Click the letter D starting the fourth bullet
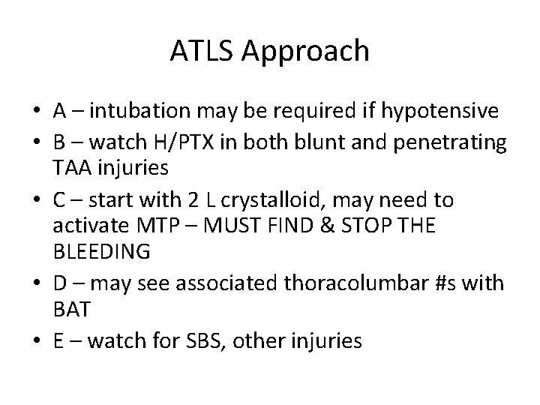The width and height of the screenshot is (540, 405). coord(61,283)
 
